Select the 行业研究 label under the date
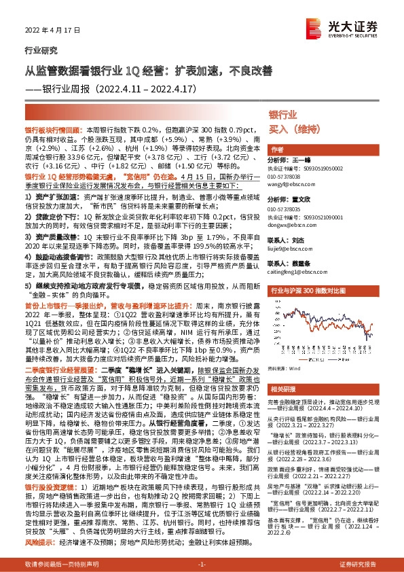click(37, 50)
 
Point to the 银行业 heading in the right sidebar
click(283, 114)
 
